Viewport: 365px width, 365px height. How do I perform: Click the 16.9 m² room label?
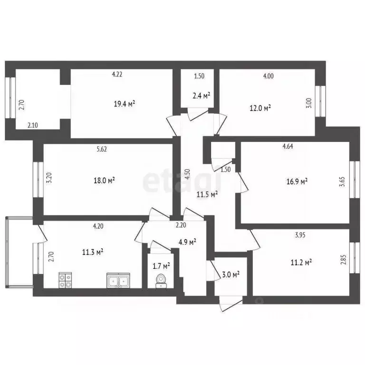[x=298, y=181]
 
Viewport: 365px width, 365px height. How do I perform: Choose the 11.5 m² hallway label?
[x=207, y=193]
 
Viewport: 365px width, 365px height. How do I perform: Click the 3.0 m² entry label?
[x=231, y=274]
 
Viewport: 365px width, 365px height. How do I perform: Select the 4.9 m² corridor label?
[x=187, y=242]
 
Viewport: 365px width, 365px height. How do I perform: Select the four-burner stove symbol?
[x=65, y=280]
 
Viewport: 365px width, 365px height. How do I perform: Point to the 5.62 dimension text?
[x=101, y=149]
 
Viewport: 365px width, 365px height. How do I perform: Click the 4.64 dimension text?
[x=288, y=146]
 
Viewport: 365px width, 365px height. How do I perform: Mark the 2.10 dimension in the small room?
[x=33, y=125]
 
